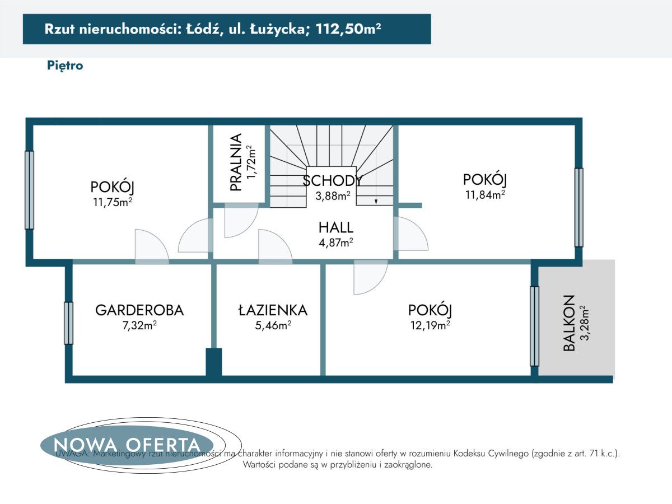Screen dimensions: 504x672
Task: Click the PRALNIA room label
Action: (236, 162)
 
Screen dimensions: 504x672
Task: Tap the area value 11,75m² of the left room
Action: (113, 202)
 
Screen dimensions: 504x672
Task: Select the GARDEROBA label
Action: (139, 310)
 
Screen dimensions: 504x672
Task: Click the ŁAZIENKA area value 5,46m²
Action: (272, 325)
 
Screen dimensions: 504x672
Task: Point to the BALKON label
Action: (569, 323)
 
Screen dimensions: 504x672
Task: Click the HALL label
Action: (335, 227)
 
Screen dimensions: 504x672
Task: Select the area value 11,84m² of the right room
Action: (485, 194)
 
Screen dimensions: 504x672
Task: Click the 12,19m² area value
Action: (430, 325)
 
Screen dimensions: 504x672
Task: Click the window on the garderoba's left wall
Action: (68, 323)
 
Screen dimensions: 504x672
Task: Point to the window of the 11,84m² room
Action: (578, 207)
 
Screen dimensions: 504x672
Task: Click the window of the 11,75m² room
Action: (29, 190)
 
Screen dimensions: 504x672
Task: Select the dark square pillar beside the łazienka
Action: (213, 362)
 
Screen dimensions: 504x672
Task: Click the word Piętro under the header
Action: (65, 66)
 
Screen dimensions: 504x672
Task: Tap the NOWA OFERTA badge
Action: (127, 445)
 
